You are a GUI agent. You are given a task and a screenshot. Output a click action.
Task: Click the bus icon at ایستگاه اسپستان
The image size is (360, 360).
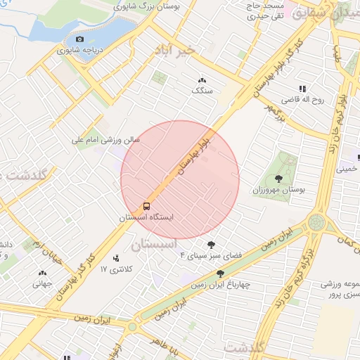pos(146,206)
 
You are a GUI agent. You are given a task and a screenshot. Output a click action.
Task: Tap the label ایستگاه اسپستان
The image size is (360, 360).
pos(146,218)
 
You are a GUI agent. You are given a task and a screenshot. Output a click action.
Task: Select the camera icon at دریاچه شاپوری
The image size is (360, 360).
pos(79,39)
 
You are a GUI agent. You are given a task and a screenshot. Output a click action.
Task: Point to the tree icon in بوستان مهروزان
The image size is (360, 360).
pos(280,179)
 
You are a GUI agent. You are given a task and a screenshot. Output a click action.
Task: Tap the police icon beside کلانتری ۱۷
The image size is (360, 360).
pos(117,259)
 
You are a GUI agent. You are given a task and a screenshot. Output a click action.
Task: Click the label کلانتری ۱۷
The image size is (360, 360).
pos(117,270)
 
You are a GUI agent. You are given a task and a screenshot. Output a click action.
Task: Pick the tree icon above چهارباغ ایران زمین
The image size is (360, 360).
pos(221,274)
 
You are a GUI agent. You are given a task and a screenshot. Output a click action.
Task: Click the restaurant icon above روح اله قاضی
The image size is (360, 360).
pos(302,89)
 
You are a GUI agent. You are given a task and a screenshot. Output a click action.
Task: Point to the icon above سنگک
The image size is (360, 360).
pos(202,80)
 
